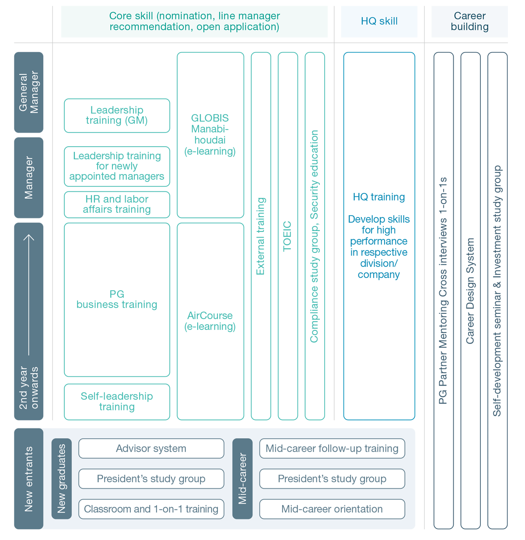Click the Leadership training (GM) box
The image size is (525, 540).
pos(117,116)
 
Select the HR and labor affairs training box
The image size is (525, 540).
pos(117,204)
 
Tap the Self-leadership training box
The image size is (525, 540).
pos(117,402)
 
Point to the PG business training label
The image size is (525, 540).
pos(117,299)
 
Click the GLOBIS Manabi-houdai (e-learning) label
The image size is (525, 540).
pos(210,135)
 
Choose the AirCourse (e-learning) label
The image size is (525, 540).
pos(210,321)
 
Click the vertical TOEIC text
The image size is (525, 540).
pos(287,236)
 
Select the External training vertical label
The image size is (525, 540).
pos(261,236)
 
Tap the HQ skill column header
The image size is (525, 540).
pos(379,21)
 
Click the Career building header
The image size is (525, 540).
pos(469,21)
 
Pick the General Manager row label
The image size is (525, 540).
pos(28,92)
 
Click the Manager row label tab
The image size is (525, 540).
pos(28,178)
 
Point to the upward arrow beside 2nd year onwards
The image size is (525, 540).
pos(28,295)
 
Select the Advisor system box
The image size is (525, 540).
pos(151,448)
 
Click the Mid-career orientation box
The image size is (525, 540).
pos(332,509)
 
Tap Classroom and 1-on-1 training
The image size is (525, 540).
pos(151,509)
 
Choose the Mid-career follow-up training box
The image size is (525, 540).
pos(332,448)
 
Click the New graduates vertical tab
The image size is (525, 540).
pos(62,479)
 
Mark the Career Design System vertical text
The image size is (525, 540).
pos(470,291)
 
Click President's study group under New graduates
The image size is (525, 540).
pos(151,479)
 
